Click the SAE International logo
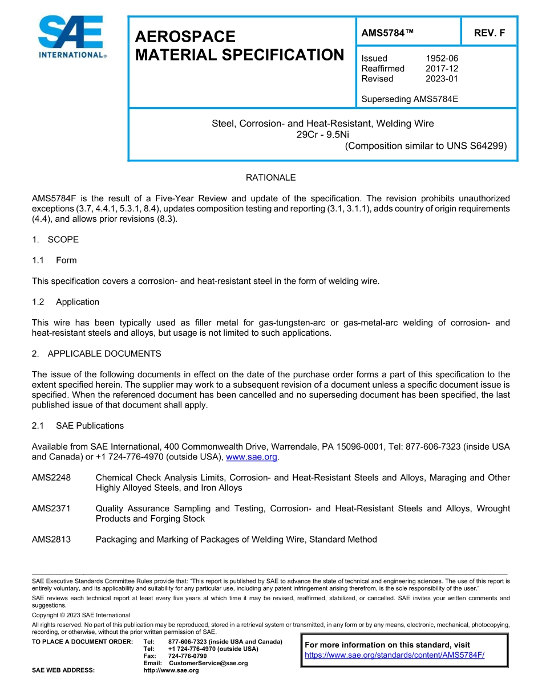(71, 37)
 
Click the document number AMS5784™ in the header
(387, 33)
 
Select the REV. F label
(489, 33)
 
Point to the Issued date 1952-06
(442, 58)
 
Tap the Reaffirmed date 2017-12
(442, 68)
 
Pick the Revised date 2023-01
(442, 79)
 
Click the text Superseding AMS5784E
(410, 99)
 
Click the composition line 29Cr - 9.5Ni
(323, 135)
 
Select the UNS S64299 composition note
(426, 146)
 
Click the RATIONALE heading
(270, 178)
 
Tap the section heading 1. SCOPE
(55, 239)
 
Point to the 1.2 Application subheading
(66, 302)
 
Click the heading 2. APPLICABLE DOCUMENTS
(96, 354)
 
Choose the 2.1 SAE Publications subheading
(78, 426)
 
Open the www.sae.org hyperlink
(252, 457)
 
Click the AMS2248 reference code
(51, 478)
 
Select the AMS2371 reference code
(51, 508)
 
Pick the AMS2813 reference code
(51, 539)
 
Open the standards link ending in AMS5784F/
(394, 655)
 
